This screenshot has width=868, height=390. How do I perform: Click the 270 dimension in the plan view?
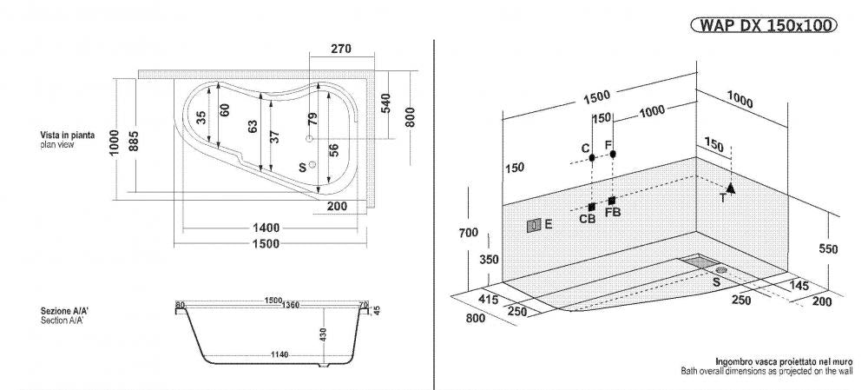pyautogui.click(x=340, y=50)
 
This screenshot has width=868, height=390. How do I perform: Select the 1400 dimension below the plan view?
pyautogui.click(x=266, y=228)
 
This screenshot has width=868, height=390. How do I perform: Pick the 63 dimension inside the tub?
pyautogui.click(x=253, y=125)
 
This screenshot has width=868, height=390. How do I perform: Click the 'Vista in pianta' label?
pyautogui.click(x=67, y=136)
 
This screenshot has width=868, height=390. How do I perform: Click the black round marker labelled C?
pyautogui.click(x=591, y=158)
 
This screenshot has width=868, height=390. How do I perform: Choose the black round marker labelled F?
pyautogui.click(x=613, y=154)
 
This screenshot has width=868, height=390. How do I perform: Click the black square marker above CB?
pyautogui.click(x=591, y=207)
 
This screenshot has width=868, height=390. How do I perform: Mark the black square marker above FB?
pyautogui.click(x=612, y=201)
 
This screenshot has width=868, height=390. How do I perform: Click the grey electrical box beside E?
pyautogui.click(x=533, y=225)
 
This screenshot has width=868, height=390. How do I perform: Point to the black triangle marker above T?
pyautogui.click(x=731, y=187)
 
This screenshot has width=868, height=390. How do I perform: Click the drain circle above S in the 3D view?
pyautogui.click(x=720, y=270)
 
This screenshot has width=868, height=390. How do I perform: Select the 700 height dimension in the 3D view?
pyautogui.click(x=470, y=232)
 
